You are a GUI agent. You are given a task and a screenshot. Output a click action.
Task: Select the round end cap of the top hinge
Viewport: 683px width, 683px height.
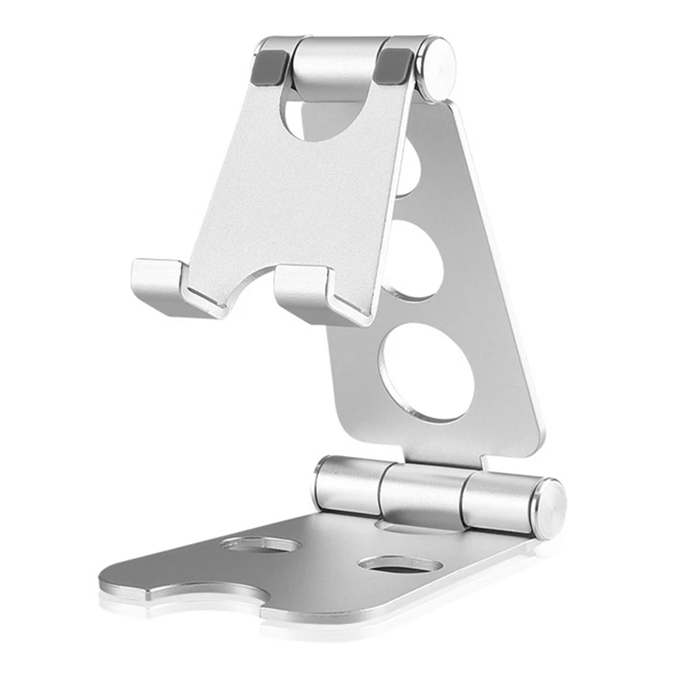[x=440, y=67]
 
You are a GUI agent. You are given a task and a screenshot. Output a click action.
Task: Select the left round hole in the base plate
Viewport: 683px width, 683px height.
[x=260, y=544]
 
